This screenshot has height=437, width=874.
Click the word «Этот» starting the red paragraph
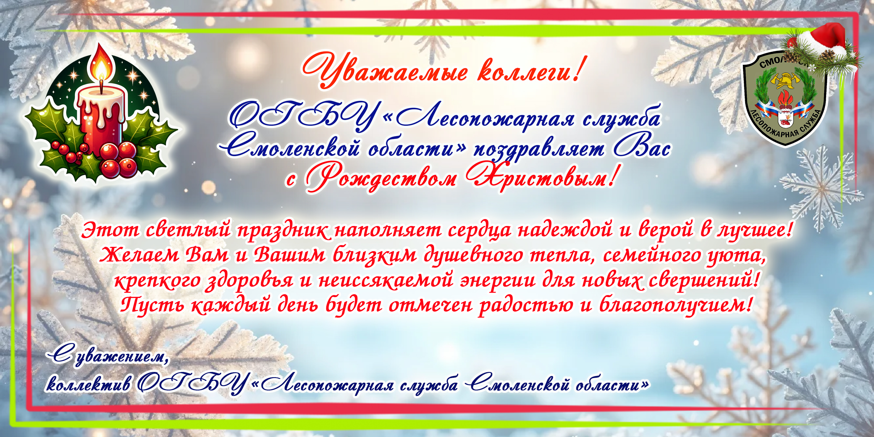111,231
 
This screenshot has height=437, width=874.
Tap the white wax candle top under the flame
101,95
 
